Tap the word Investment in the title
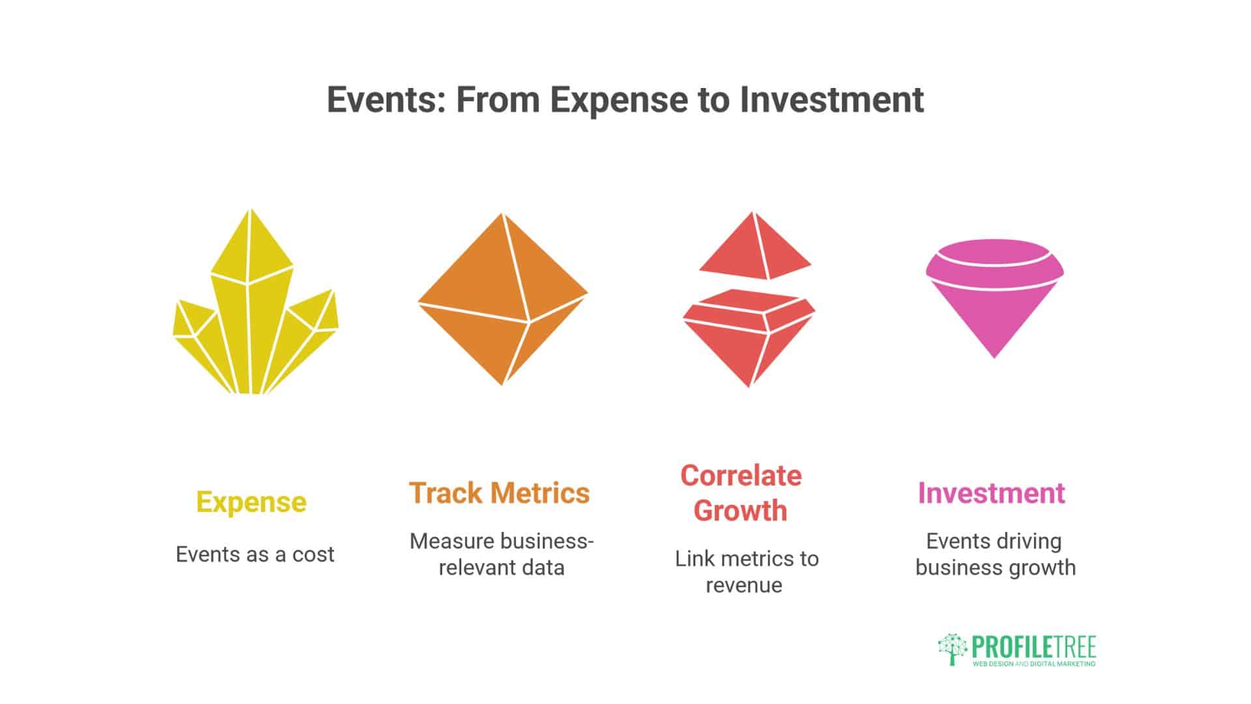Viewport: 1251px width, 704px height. coord(831,100)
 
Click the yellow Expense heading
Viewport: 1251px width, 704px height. coord(252,502)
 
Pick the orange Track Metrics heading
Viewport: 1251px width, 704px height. coord(499,493)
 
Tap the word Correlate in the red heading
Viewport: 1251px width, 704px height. coord(741,476)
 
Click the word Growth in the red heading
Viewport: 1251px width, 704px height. coord(740,510)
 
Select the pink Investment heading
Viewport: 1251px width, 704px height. coord(991,493)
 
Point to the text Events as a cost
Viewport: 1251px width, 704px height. coord(255,555)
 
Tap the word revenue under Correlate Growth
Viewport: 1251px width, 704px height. coord(743,585)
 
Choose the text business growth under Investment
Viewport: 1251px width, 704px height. coord(995,568)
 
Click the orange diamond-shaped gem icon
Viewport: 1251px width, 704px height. coord(502,300)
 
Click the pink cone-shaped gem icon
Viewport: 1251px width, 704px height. coord(994,293)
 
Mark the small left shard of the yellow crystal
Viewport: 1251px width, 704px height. coord(194,323)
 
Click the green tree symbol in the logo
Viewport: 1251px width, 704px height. coord(953,649)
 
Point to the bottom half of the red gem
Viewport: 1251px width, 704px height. coord(748,339)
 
